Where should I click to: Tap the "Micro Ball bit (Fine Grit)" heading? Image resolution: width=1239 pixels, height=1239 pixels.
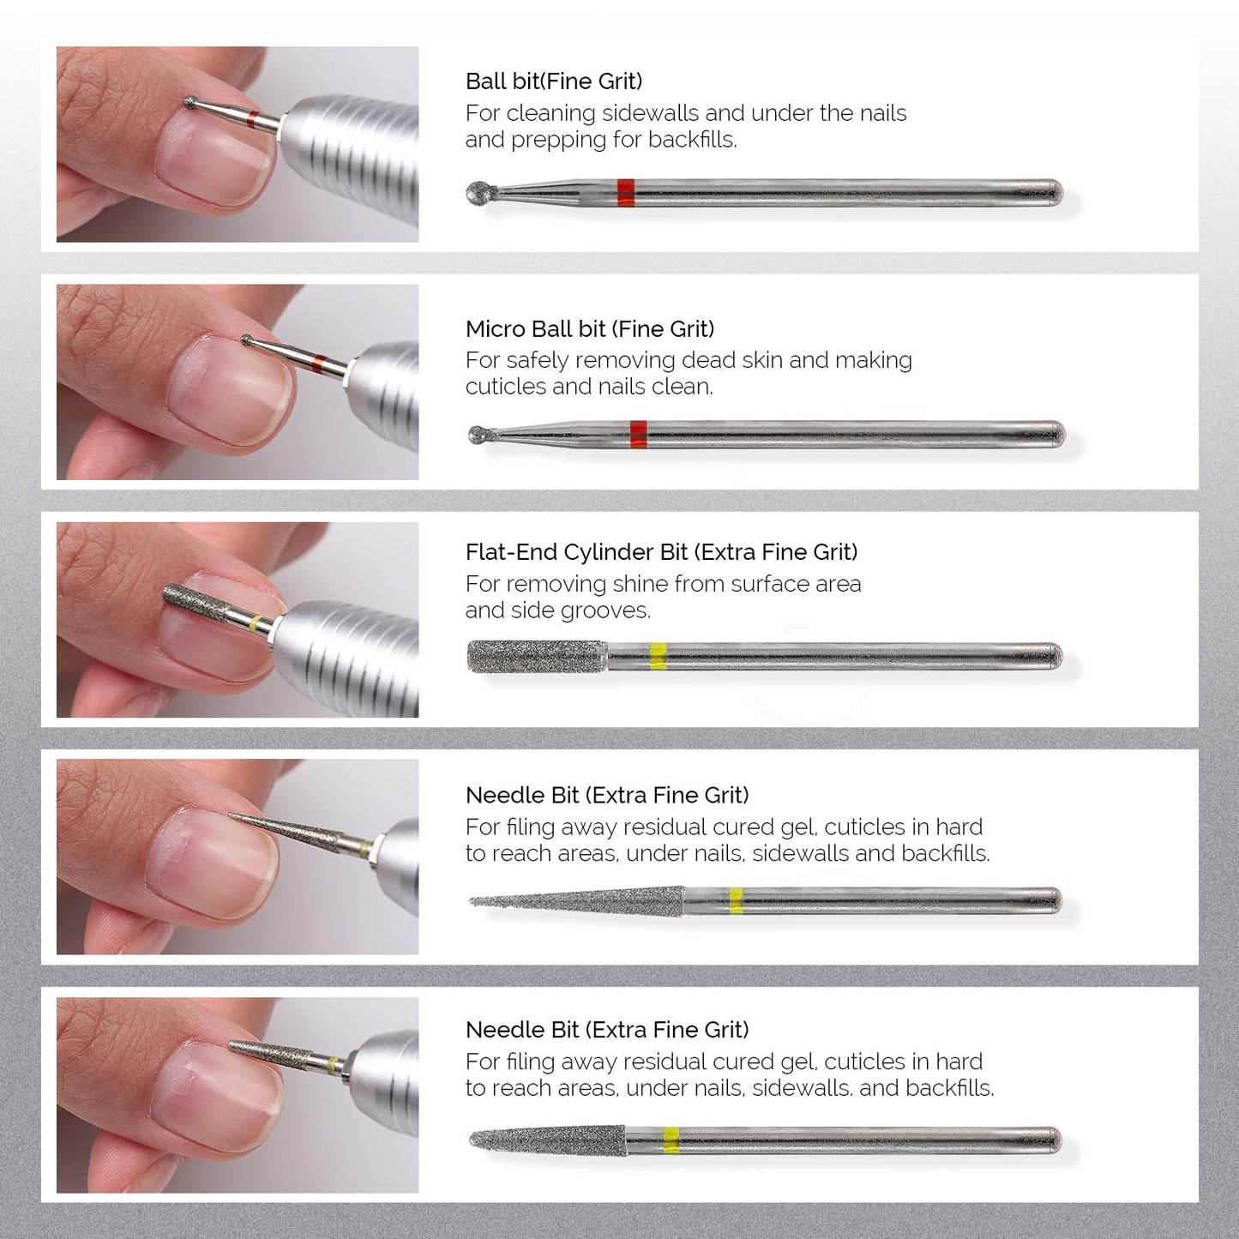pos(589,329)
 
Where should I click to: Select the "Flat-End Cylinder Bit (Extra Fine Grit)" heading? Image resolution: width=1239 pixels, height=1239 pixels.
pos(661,552)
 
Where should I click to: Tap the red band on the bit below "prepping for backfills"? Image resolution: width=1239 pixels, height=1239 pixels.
pos(625,193)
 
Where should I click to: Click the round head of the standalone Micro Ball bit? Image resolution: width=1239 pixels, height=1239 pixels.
pos(477,435)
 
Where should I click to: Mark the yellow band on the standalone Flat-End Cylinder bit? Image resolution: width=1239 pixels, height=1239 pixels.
pos(658,656)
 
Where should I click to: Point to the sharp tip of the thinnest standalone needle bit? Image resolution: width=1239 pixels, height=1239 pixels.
pos(474,901)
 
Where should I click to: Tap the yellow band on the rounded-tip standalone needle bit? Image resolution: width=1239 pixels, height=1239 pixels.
pos(671,1140)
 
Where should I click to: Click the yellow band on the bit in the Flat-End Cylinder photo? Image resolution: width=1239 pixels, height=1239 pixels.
pos(256,623)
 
